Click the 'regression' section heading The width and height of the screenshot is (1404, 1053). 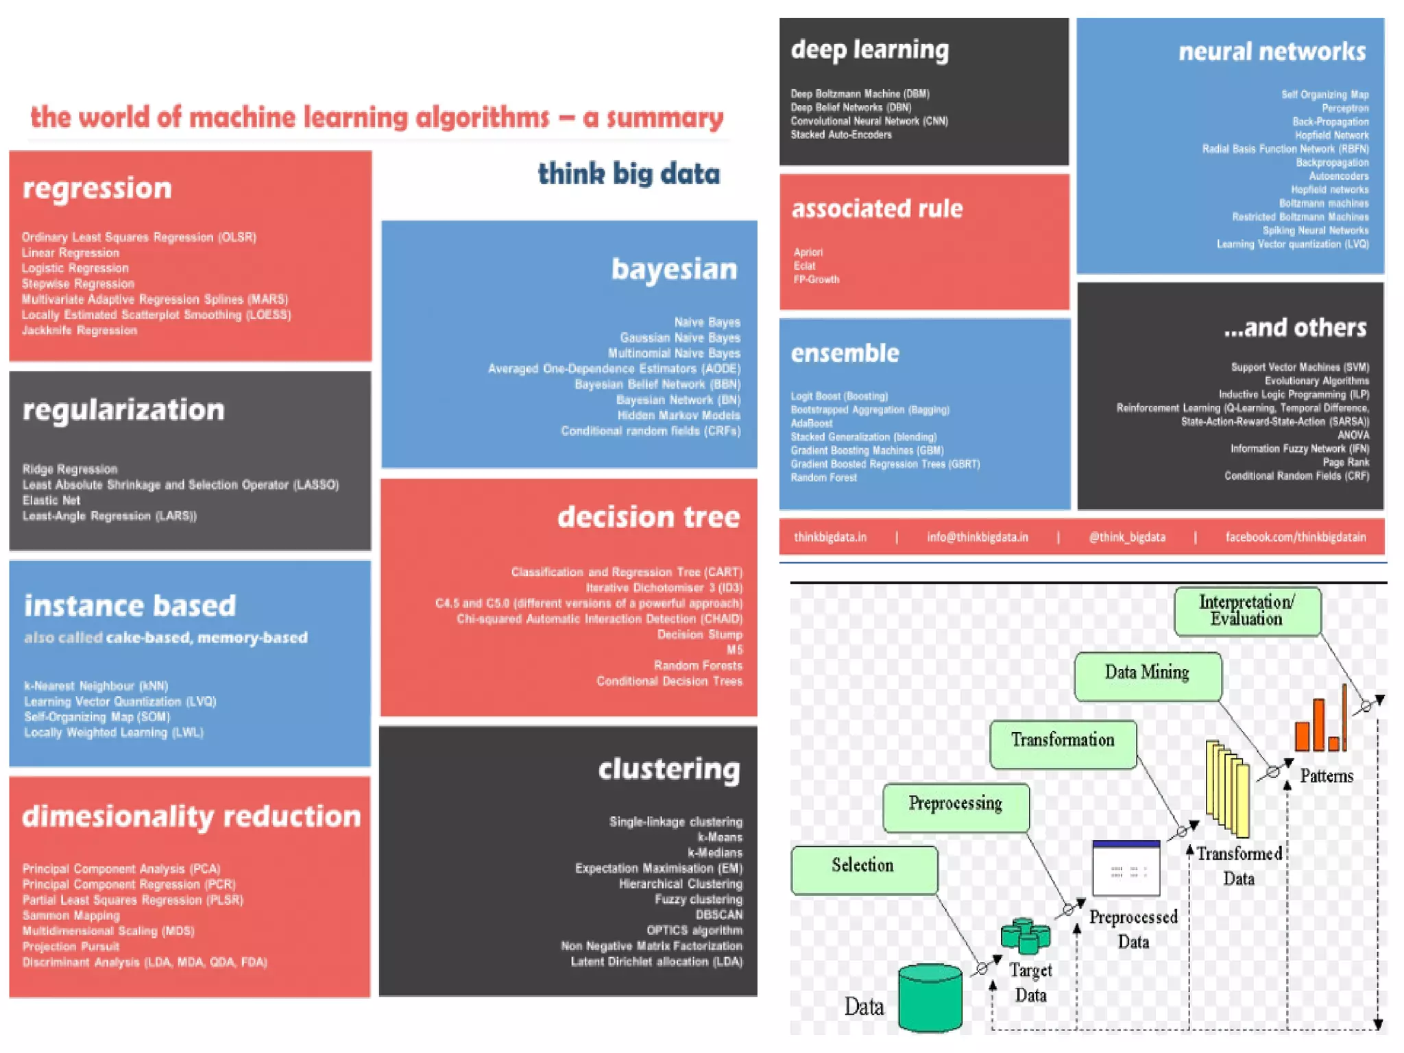coord(97,189)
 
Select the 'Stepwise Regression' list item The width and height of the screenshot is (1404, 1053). coord(77,284)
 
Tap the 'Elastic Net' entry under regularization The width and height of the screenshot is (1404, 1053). coord(51,500)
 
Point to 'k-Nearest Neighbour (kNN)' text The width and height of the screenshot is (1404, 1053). coord(96,686)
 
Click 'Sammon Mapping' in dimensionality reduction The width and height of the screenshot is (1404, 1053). coord(71,915)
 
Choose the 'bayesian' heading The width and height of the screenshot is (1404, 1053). coord(674,269)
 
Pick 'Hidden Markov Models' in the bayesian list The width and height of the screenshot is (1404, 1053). coord(679,415)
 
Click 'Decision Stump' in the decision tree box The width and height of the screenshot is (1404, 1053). coord(699,634)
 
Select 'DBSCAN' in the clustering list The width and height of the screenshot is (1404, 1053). coord(718,915)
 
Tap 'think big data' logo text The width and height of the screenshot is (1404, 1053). coord(629,174)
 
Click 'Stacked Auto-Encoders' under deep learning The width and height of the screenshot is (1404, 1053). coord(841,135)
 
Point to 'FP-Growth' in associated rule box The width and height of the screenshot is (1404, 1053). coord(816,280)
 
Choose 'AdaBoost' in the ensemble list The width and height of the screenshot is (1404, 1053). coord(812,424)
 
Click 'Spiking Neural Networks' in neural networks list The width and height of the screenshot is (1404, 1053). coord(1315,231)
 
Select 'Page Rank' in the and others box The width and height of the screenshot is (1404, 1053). coord(1346,463)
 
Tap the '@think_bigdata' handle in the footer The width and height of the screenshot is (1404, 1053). coord(1127,537)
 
